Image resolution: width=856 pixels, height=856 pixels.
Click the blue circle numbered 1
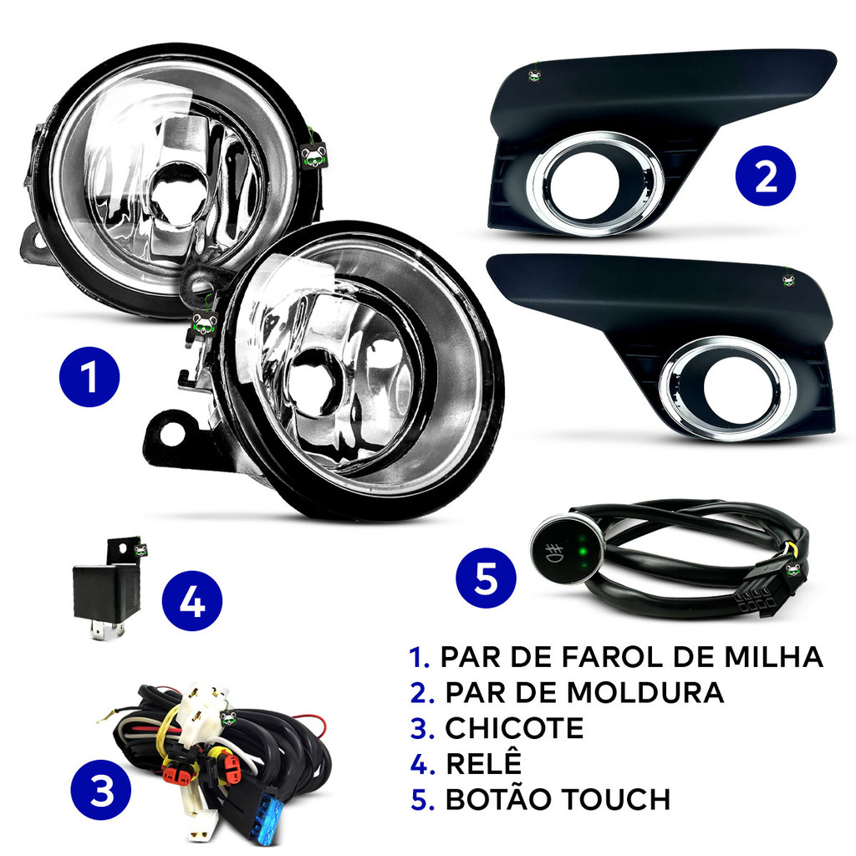click(89, 377)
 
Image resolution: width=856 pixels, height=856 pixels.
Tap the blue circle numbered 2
click(766, 176)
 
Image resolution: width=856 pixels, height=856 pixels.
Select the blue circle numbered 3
click(101, 789)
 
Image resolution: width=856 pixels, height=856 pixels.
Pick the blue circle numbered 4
click(192, 600)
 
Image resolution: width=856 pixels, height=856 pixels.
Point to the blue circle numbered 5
click(486, 578)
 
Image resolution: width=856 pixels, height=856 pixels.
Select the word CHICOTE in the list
click(514, 728)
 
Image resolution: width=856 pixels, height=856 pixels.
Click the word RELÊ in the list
click(484, 762)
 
